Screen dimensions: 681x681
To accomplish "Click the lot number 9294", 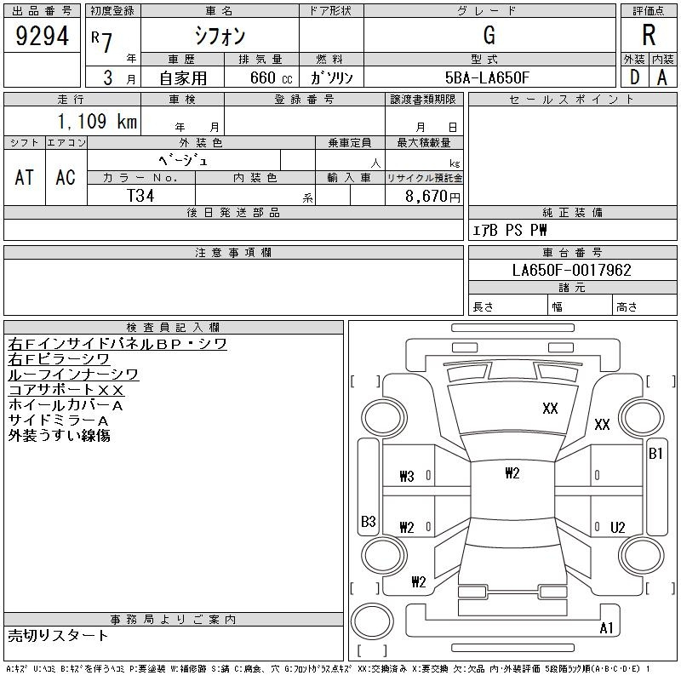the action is [x=42, y=36].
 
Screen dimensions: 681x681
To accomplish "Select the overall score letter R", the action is [x=649, y=35].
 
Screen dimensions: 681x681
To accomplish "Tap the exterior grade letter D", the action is [x=634, y=77].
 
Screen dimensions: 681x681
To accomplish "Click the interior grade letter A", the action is [x=662, y=77].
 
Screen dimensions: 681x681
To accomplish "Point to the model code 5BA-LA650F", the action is [x=487, y=77].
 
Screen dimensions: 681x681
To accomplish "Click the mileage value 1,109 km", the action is [x=97, y=121].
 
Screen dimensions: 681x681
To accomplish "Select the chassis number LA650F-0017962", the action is [x=571, y=270].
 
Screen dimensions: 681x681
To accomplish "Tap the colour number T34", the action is [x=140, y=196].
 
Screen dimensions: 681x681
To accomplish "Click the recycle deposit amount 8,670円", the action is [x=432, y=197].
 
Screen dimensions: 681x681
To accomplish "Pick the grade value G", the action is [x=489, y=35].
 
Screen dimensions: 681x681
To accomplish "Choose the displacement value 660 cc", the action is [x=271, y=78].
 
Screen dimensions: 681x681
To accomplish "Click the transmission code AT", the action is [x=25, y=177].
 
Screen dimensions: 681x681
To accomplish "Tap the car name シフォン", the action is [x=220, y=36].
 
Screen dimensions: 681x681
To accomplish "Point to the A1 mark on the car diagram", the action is [x=606, y=627].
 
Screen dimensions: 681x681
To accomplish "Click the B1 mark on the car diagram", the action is [x=655, y=454].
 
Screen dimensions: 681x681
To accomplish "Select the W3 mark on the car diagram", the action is [x=407, y=477].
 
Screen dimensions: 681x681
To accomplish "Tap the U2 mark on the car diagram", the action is [x=618, y=527].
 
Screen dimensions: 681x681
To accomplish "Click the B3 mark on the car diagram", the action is [x=369, y=521].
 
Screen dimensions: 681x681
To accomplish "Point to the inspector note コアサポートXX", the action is [x=66, y=390].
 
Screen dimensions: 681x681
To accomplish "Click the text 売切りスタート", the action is [x=58, y=635].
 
